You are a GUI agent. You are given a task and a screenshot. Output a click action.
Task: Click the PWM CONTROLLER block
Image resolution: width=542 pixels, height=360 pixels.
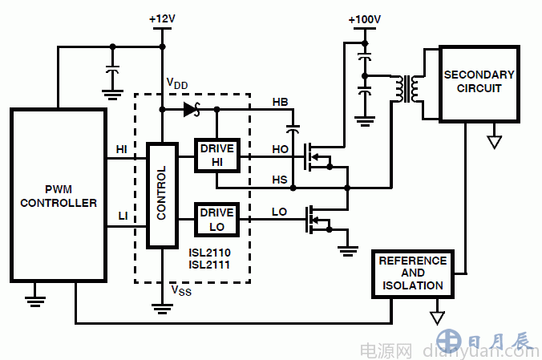click(x=58, y=196)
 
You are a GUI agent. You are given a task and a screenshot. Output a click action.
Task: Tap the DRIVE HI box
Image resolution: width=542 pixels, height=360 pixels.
click(x=216, y=155)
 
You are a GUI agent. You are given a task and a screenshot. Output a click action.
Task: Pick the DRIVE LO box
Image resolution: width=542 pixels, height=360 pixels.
click(x=216, y=220)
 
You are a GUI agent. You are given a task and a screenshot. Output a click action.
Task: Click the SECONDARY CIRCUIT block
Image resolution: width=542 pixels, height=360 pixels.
click(x=479, y=82)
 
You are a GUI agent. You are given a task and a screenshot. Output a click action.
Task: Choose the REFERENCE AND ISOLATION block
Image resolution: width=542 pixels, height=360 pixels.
click(x=412, y=273)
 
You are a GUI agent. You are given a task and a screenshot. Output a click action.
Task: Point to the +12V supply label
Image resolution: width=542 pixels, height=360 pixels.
click(x=161, y=18)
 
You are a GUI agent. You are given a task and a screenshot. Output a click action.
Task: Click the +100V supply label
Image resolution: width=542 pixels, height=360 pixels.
click(x=365, y=18)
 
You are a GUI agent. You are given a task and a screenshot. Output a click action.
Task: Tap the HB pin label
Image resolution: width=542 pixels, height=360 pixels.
click(x=281, y=102)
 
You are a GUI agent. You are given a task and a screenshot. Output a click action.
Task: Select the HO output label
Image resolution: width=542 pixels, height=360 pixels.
click(x=280, y=148)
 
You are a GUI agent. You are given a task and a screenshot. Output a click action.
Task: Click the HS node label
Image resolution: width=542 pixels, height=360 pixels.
click(x=280, y=179)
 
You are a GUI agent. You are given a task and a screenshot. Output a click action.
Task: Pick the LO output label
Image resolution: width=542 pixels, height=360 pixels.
click(x=280, y=212)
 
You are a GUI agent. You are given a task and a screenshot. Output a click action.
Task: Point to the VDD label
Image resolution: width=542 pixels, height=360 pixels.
click(x=177, y=83)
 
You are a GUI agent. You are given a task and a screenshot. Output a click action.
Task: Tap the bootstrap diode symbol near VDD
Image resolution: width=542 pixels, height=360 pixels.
click(x=191, y=110)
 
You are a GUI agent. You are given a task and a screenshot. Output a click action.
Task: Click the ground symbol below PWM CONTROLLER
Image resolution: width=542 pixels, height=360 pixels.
click(x=34, y=301)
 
